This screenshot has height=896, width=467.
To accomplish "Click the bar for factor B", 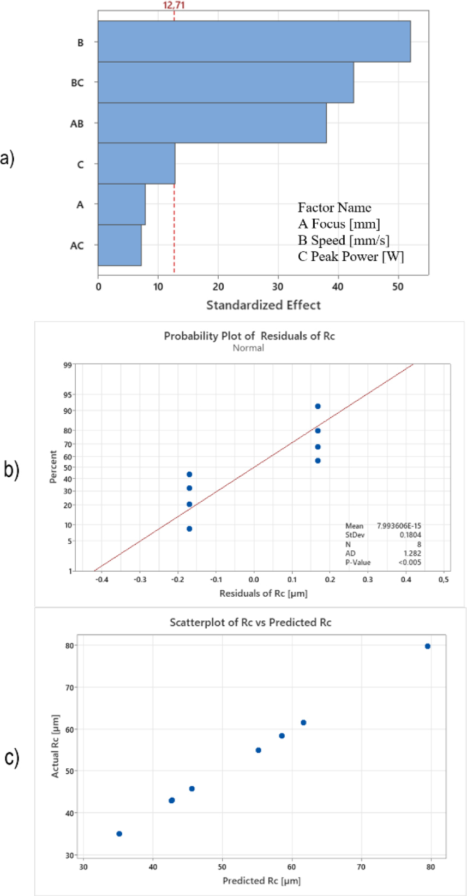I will [254, 41].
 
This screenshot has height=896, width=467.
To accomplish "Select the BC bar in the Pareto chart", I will [225, 82].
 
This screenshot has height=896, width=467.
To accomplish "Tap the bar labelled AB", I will [212, 123].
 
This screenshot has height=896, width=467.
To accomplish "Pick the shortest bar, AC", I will [119, 245].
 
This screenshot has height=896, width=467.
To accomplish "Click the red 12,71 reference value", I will [174, 5].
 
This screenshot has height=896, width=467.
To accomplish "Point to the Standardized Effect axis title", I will [263, 305].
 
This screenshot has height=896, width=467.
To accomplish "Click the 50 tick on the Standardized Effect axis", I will [398, 287].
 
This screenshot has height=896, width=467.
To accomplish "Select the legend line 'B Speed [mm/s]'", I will [343, 240].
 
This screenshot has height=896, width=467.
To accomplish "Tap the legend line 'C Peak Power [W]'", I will [351, 257].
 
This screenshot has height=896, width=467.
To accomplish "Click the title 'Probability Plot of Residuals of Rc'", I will [249, 336].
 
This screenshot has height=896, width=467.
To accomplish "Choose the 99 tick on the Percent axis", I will [68, 365].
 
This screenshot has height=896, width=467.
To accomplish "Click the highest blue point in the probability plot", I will [318, 406].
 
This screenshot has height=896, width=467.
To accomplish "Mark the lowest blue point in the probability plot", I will [189, 529].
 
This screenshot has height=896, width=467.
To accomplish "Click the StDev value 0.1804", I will [410, 535].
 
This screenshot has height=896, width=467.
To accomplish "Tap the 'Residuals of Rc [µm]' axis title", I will [263, 594].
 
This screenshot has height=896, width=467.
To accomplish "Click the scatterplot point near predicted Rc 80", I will [428, 646].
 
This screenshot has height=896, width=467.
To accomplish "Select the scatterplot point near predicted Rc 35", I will [119, 834].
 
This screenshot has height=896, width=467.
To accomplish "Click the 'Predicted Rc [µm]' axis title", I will [261, 881].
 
